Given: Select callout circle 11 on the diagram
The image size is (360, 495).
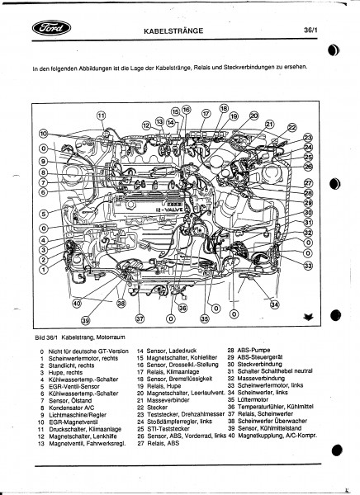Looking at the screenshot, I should (x=102, y=115).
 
